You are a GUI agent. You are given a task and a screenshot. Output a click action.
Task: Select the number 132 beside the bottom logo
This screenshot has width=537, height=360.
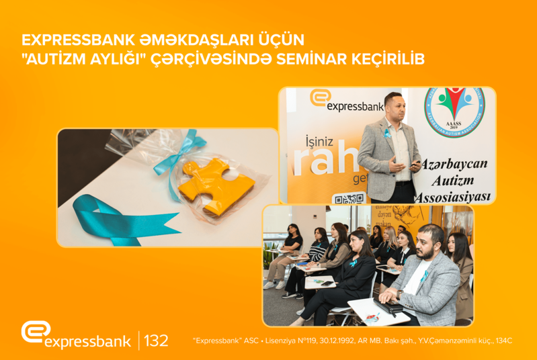(156, 339)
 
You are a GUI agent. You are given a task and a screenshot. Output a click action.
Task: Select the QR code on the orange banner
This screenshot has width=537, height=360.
(349, 198)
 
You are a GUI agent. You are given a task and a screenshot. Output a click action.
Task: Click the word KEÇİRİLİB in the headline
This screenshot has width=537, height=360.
(389, 59)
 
